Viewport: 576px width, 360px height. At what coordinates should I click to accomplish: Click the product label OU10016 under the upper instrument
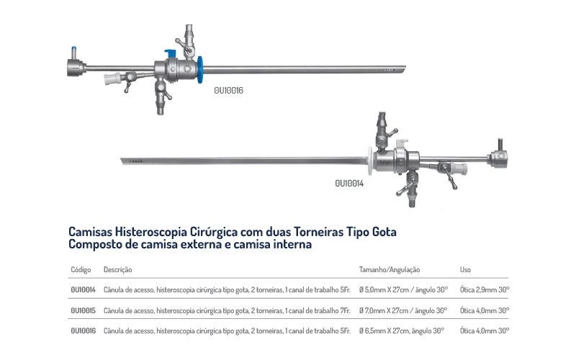click(x=230, y=91)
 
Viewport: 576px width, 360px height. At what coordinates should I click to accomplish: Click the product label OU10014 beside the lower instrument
click(x=349, y=184)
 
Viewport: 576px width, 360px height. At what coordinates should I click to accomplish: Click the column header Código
click(x=80, y=269)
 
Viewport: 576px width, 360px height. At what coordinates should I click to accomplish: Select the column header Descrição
click(x=117, y=269)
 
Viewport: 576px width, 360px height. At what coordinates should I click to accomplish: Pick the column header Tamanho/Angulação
click(x=390, y=269)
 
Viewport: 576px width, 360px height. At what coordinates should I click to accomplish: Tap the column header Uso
click(x=465, y=269)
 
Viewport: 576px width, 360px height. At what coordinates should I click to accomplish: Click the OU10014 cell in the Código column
click(x=84, y=289)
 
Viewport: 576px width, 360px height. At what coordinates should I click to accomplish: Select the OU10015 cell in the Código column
click(x=84, y=310)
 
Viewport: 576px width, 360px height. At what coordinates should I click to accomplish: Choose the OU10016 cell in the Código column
click(x=84, y=330)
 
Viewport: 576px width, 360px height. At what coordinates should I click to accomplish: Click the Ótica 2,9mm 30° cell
click(x=484, y=289)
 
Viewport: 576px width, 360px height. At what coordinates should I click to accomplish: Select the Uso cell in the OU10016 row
click(x=484, y=330)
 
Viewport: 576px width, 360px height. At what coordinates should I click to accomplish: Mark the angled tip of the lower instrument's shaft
click(x=123, y=160)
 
